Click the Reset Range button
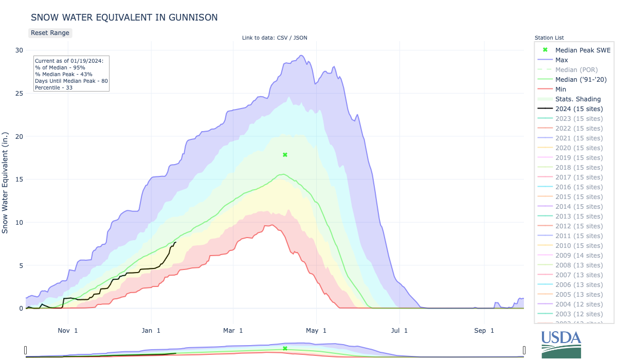[50, 33]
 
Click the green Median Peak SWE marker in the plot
[285, 155]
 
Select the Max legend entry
[561, 60]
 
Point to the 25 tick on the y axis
[19, 94]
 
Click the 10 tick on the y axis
[19, 223]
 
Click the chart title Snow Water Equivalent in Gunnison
[124, 17]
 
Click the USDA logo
[561, 344]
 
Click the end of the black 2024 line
[176, 242]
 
